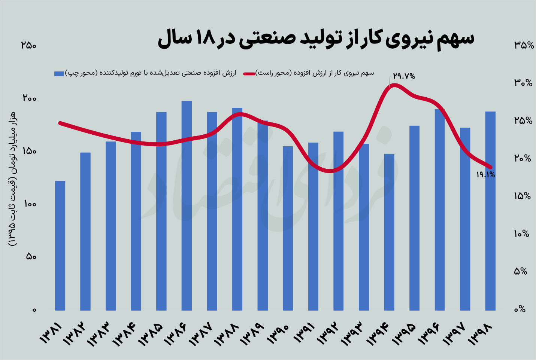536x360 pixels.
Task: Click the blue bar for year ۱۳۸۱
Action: (x=60, y=245)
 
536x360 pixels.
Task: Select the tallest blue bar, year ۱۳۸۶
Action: (x=187, y=205)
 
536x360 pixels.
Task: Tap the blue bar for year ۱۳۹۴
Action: (x=389, y=232)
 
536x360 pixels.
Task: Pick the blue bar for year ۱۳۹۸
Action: (x=490, y=211)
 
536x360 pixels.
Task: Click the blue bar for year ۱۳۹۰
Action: (x=288, y=228)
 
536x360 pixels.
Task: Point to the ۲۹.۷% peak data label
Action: (x=404, y=76)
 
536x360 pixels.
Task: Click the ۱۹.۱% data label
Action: (x=485, y=174)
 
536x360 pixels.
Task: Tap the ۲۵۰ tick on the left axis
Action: (x=29, y=45)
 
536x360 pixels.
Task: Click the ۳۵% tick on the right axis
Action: (x=524, y=45)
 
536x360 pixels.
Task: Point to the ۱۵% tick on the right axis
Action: (x=523, y=196)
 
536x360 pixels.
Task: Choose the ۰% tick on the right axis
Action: (x=520, y=309)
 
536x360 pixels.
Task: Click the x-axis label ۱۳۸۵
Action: (x=152, y=334)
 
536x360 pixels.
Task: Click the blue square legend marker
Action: (x=59, y=73)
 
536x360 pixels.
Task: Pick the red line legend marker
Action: (x=249, y=73)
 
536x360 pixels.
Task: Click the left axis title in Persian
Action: (x=12, y=178)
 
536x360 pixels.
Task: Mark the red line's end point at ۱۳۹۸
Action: (x=490, y=167)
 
